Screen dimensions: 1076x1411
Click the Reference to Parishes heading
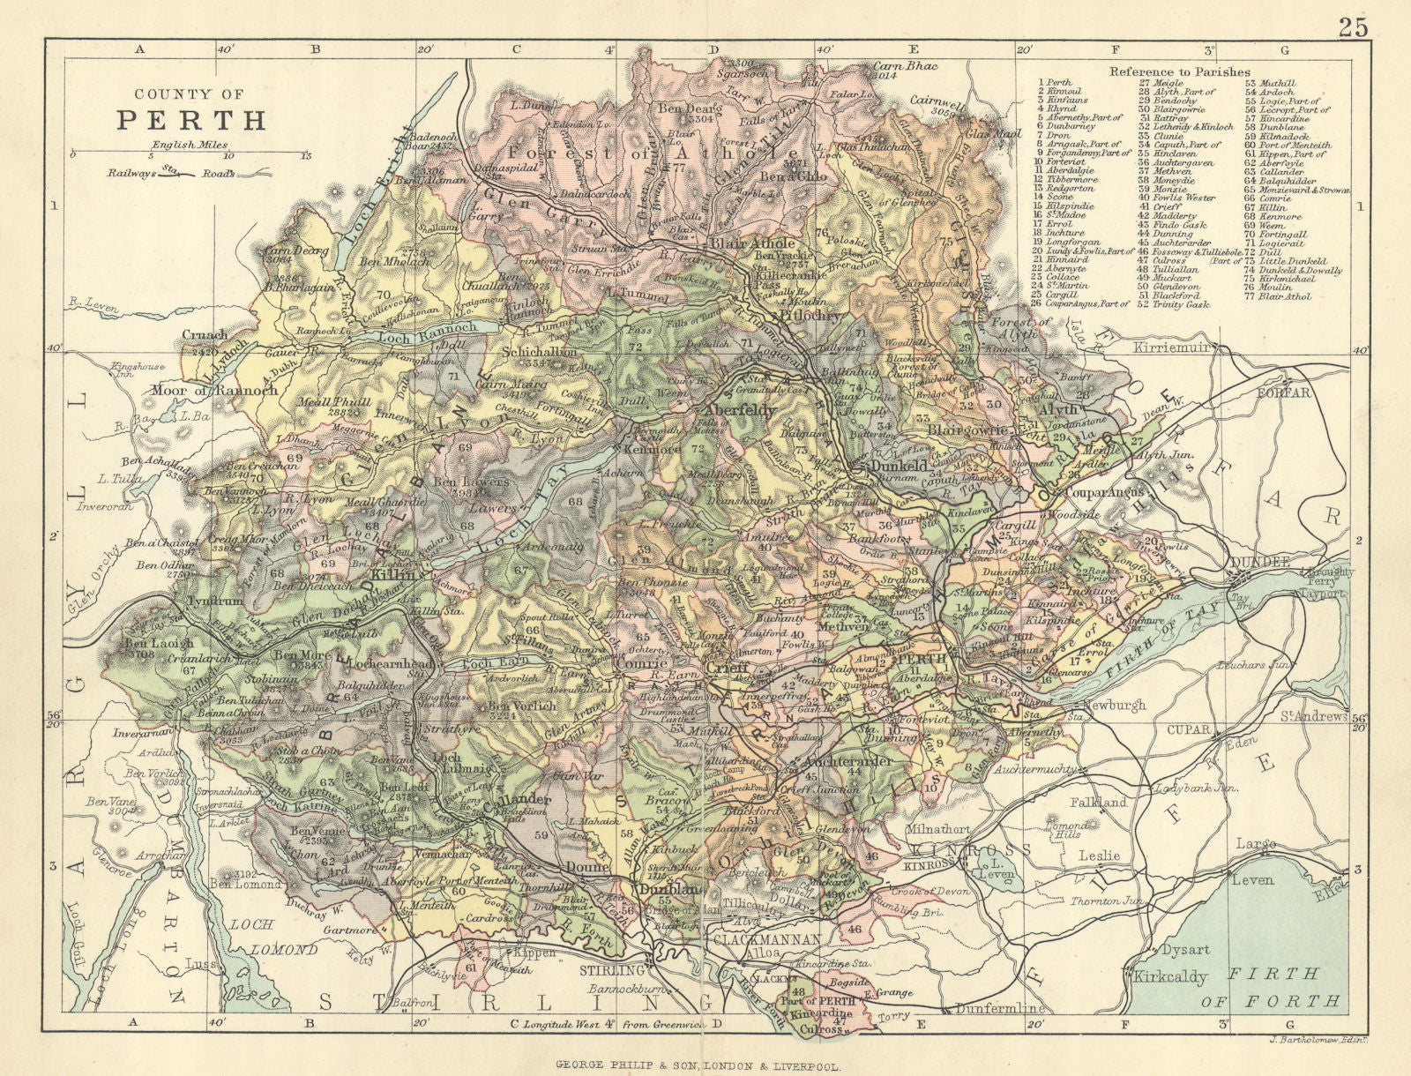pos(1179,71)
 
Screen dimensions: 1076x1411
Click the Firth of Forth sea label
pos(1289,986)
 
